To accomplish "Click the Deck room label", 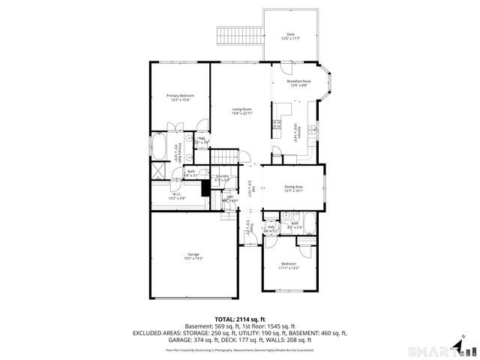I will pyautogui.click(x=291, y=35).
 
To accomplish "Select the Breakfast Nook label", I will pyautogui.click(x=299, y=83).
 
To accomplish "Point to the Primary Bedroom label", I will pyautogui.click(x=180, y=97).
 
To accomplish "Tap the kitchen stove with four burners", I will pyautogui.click(x=277, y=124).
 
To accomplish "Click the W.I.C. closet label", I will pyautogui.click(x=176, y=196).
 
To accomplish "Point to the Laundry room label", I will pyautogui.click(x=222, y=178).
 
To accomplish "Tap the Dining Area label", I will pyautogui.click(x=293, y=188).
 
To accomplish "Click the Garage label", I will pyautogui.click(x=193, y=256).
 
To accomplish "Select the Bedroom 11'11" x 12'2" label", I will pyautogui.click(x=289, y=265).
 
